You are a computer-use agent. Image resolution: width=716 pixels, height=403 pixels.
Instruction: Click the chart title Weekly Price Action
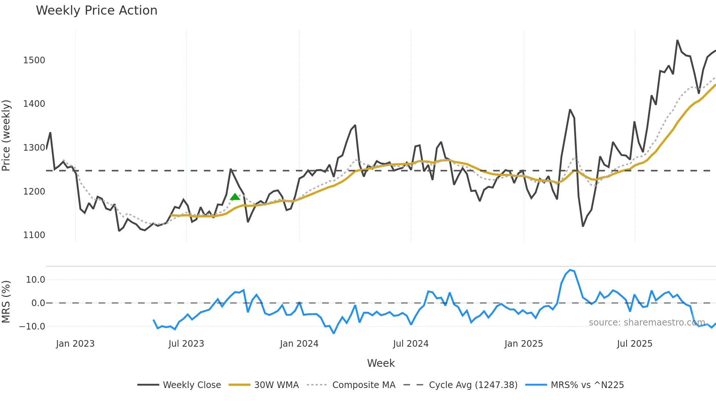96,11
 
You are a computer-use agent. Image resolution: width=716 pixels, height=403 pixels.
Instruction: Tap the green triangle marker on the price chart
235,197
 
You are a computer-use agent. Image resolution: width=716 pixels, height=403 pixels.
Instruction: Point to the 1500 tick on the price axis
34,60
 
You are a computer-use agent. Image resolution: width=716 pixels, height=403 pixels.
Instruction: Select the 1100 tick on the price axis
34,235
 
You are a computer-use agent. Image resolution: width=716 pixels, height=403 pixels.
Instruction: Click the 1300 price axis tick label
34,148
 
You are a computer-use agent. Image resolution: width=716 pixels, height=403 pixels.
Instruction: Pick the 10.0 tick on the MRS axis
35,280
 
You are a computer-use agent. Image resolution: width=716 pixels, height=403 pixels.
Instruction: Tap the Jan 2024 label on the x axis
299,344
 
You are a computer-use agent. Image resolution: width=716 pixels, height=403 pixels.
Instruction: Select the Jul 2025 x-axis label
635,344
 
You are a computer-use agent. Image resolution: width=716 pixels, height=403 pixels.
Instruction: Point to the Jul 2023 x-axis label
186,344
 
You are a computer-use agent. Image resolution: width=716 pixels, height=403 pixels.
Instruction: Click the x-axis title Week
381,363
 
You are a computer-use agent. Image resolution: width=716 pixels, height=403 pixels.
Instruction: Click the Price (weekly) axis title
6,135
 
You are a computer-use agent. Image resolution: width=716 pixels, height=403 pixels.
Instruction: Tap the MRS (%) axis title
6,302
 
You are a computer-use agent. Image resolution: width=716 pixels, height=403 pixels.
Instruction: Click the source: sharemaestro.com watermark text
647,323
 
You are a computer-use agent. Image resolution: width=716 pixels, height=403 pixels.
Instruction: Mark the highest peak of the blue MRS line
570,270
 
